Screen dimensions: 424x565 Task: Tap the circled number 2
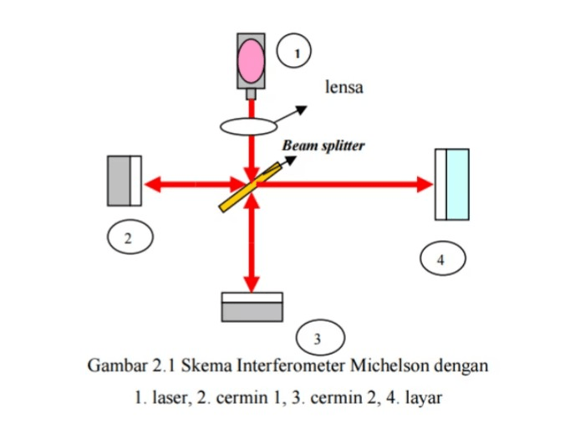point(127,238)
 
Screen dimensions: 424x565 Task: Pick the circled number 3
point(317,339)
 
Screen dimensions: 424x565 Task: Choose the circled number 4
point(441,258)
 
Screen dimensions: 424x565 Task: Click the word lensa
point(344,87)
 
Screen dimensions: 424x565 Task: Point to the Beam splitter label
point(323,145)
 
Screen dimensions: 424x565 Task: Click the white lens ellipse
point(249,126)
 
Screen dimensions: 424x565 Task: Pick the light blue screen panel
point(457,184)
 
